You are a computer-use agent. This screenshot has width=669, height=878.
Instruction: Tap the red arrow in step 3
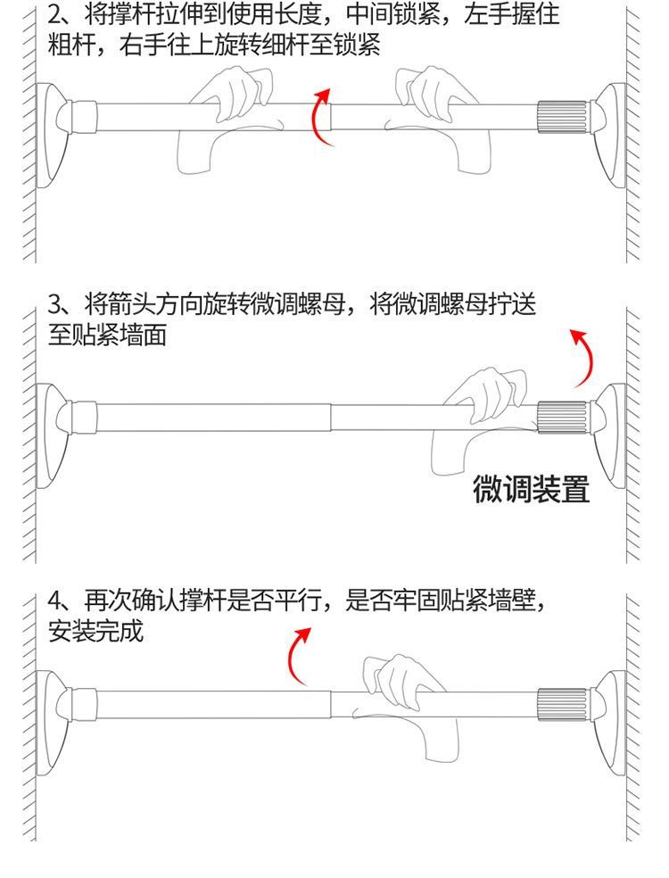[x=583, y=357]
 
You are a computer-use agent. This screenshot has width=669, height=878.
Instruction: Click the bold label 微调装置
[x=531, y=489]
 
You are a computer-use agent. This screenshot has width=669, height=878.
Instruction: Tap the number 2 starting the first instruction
[x=56, y=14]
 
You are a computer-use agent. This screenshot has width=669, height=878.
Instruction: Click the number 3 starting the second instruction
[x=56, y=304]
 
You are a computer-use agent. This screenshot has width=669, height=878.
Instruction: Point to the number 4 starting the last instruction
[x=55, y=600]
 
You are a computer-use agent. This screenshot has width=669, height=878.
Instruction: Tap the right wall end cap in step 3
[x=607, y=418]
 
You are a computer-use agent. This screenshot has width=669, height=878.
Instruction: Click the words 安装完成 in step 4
[x=95, y=633]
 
